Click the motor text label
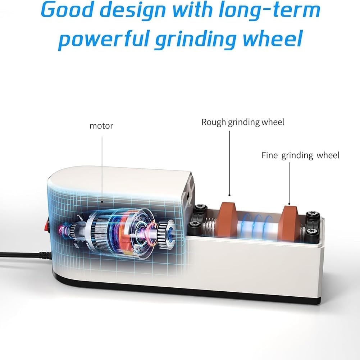(101, 126)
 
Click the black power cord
(22, 255)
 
